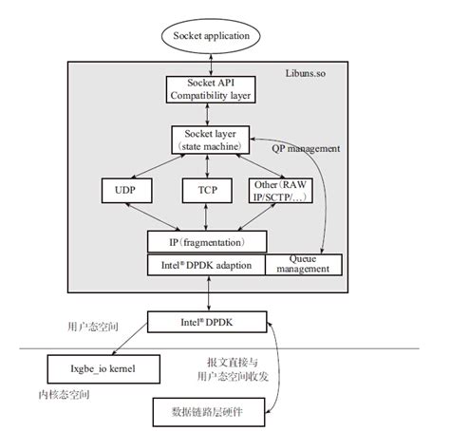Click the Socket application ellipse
211,36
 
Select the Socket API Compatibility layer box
211,89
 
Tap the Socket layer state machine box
211,140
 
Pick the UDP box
126,191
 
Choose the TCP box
207,191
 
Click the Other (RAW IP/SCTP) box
281,191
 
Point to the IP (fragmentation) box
207,242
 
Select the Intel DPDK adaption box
206,265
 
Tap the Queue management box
304,265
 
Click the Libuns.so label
306,73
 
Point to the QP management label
306,148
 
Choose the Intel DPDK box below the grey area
207,322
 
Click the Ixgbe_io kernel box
103,369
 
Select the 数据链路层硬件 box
209,412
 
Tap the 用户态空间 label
93,327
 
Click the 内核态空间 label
64,395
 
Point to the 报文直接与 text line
233,363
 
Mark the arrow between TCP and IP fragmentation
206,217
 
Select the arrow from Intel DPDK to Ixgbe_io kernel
130,339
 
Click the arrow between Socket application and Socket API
211,65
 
